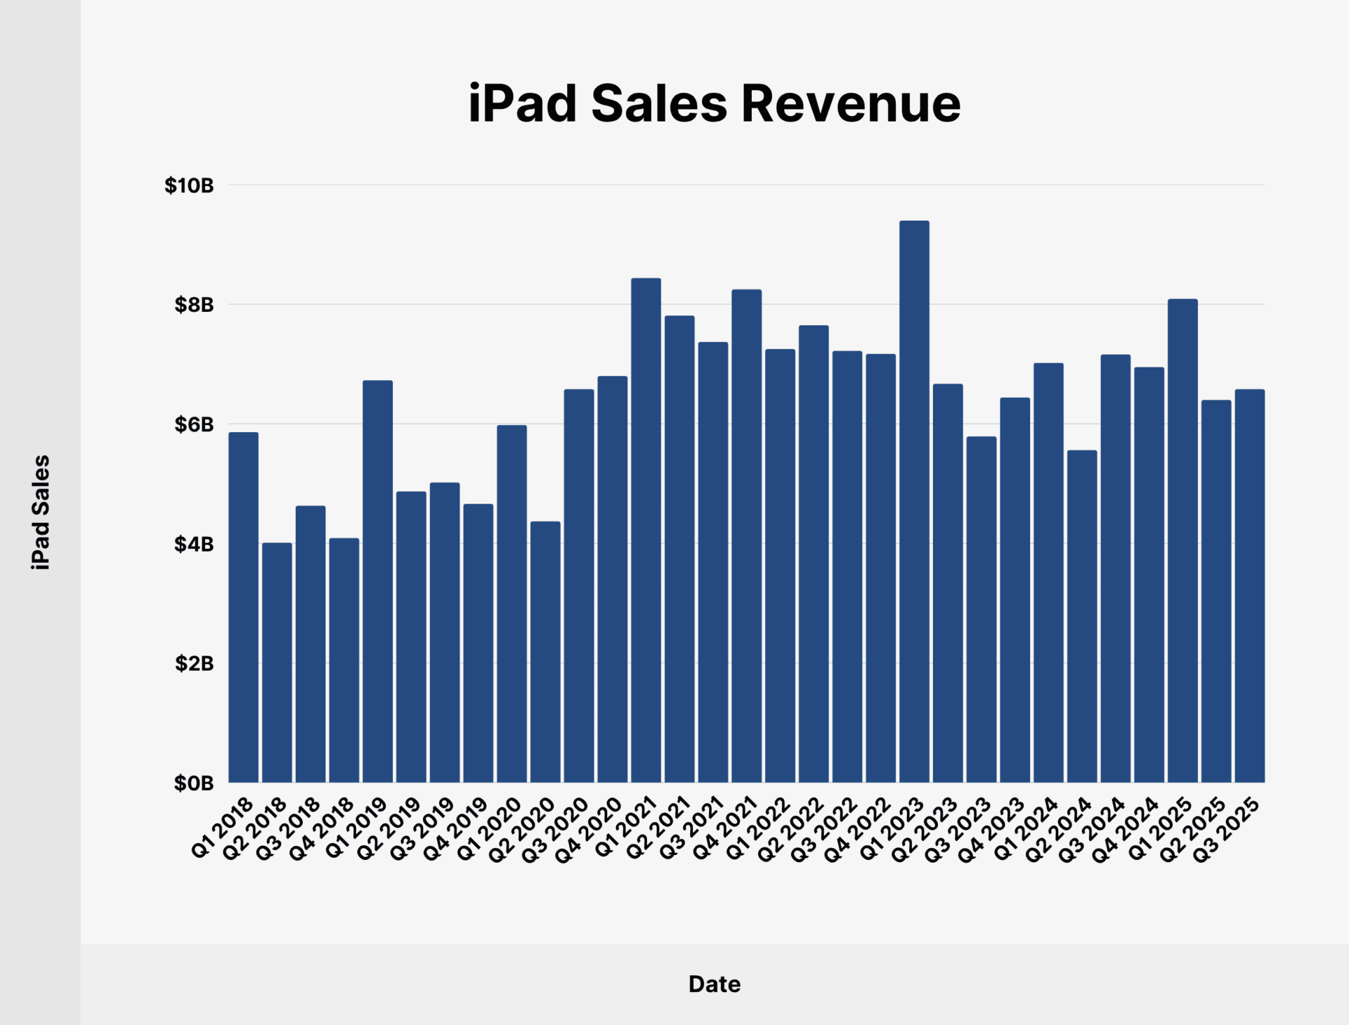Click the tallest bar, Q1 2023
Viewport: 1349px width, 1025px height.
[x=914, y=502]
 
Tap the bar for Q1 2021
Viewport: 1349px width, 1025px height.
[x=646, y=530]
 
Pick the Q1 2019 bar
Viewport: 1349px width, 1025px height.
[x=377, y=582]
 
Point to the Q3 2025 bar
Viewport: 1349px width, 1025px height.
[x=1249, y=586]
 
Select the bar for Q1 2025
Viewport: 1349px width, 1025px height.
[x=1182, y=541]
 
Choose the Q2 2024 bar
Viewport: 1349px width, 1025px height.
[x=1082, y=616]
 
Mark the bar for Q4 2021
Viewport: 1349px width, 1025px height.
[x=746, y=536]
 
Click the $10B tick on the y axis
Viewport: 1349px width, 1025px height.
[x=189, y=185]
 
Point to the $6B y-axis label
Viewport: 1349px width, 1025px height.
[x=194, y=424]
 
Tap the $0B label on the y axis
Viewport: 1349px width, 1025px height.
[x=194, y=783]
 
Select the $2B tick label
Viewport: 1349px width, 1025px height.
[x=194, y=663]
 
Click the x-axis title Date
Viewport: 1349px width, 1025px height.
[x=714, y=984]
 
